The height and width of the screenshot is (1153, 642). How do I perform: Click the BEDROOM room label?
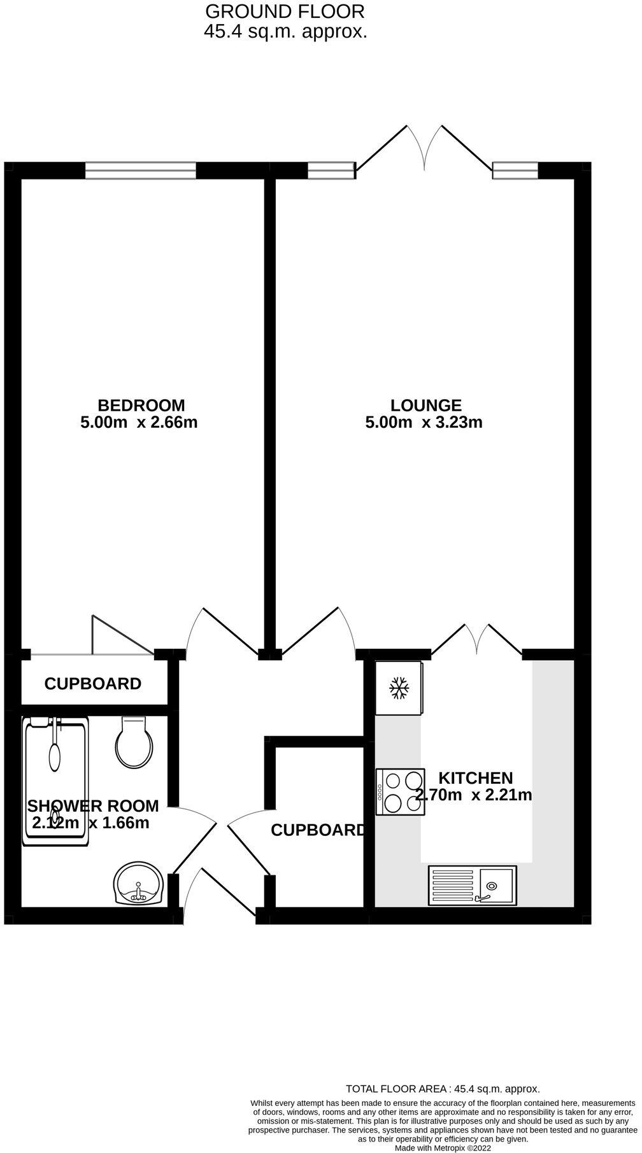point(141,406)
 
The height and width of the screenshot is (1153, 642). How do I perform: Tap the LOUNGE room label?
point(425,406)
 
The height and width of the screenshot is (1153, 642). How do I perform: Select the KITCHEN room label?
point(475,778)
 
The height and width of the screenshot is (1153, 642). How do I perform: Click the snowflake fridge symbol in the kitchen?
point(399,688)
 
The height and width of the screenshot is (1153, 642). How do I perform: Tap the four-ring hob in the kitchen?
point(401,792)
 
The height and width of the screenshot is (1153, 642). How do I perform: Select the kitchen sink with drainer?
point(473,884)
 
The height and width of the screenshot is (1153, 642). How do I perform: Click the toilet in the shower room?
point(134,745)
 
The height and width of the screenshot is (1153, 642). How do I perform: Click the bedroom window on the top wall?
point(141,170)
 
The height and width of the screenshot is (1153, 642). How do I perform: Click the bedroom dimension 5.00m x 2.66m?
point(139,422)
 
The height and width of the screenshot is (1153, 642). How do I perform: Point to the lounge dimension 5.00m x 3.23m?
point(424,422)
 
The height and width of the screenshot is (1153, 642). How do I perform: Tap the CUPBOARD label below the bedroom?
point(93,684)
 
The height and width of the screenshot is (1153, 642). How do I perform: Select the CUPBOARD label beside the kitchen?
point(318,830)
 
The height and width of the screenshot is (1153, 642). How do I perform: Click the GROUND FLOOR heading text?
point(285,11)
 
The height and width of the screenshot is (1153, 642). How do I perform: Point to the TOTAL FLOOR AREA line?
point(442,1089)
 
